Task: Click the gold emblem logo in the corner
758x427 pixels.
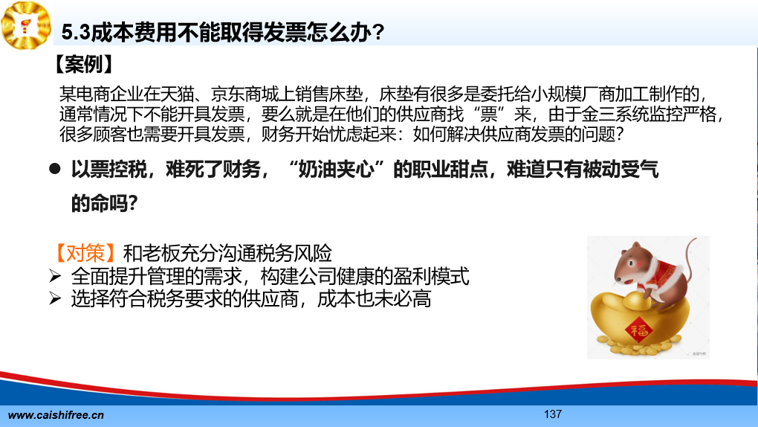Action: pos(26,25)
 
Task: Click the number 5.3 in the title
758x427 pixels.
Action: pos(76,33)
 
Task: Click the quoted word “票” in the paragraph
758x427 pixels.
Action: pos(488,114)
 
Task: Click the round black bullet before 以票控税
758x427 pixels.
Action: pos(55,168)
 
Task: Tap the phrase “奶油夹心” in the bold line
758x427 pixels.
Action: pos(336,170)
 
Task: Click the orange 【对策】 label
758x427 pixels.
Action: pos(85,253)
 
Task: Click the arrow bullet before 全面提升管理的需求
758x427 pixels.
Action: pos(55,277)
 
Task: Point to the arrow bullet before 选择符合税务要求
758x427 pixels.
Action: pos(55,299)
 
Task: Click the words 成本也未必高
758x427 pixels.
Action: pos(374,299)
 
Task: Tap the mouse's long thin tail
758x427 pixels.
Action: pos(688,259)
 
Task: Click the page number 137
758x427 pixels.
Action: pos(553,414)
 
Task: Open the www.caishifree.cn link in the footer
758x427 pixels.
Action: pos(56,415)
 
